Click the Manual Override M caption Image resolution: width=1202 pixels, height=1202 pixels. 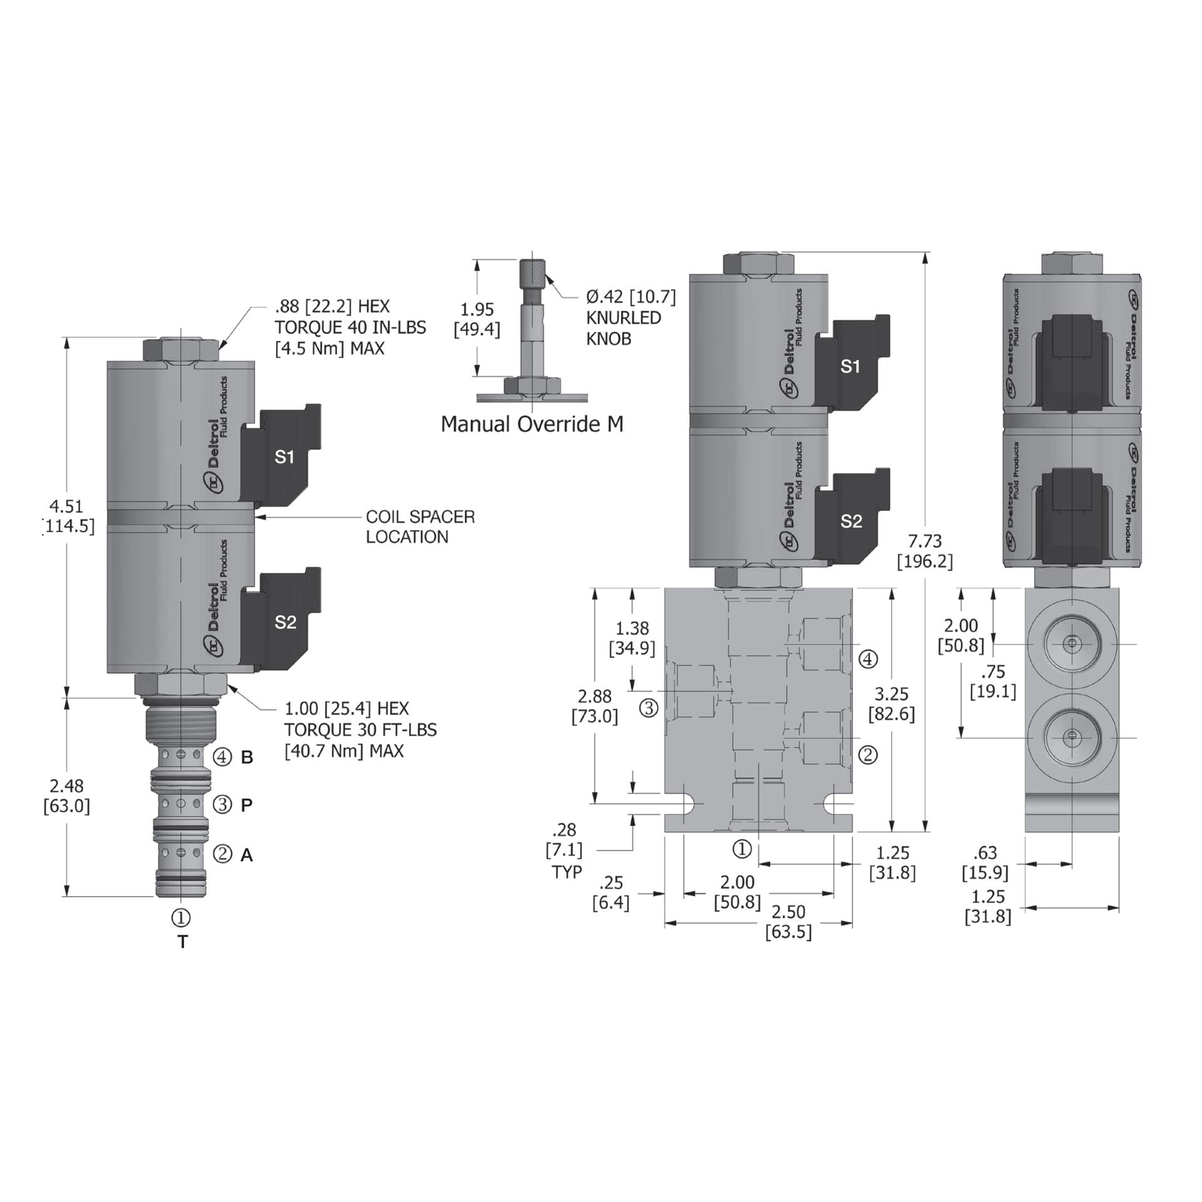click(532, 424)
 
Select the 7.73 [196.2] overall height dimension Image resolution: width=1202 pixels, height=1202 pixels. click(925, 551)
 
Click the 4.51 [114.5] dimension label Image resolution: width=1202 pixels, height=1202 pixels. click(68, 516)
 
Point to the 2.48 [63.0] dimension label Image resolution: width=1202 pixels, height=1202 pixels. click(66, 795)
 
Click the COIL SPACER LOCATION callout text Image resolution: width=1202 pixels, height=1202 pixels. click(420, 527)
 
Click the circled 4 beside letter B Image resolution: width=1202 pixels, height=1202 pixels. click(222, 757)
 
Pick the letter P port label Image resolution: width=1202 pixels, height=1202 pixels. click(247, 805)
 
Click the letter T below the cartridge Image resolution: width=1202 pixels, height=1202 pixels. click(182, 942)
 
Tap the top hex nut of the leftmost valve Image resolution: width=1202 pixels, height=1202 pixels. click(181, 349)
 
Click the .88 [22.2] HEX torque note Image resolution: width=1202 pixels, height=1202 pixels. click(351, 327)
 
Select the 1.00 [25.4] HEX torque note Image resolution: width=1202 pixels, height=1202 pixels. click(360, 729)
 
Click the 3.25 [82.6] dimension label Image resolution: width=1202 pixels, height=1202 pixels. click(891, 704)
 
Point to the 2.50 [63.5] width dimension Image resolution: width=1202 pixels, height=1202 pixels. click(788, 922)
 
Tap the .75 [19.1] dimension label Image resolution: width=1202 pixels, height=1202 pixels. click(993, 682)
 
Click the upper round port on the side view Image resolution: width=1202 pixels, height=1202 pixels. click(1072, 644)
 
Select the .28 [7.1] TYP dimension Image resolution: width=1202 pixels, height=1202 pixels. click(567, 850)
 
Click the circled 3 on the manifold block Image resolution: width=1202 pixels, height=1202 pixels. click(649, 708)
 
